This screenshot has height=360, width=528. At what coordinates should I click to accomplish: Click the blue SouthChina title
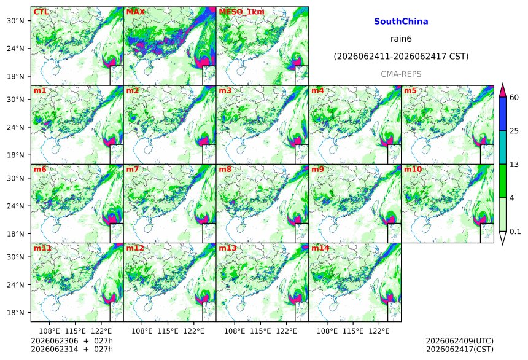pyautogui.click(x=401, y=22)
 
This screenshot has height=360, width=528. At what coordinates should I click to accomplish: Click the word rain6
pyautogui.click(x=401, y=39)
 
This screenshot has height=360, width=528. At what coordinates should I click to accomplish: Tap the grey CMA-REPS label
pyautogui.click(x=401, y=74)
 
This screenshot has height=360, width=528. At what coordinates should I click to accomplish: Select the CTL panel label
pyautogui.click(x=41, y=12)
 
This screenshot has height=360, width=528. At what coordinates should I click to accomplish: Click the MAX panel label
pyautogui.click(x=135, y=12)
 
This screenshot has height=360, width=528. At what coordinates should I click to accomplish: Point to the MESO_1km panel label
pyautogui.click(x=241, y=12)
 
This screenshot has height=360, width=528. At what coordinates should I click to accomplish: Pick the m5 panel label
pyautogui.click(x=410, y=91)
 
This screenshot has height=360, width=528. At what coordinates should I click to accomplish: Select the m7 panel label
pyautogui.click(x=133, y=169)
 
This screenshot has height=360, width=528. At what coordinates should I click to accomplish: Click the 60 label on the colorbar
pyautogui.click(x=514, y=98)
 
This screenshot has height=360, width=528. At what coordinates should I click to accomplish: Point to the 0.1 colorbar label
pyautogui.click(x=515, y=232)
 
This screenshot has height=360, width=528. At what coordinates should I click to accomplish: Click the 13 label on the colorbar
pyautogui.click(x=514, y=165)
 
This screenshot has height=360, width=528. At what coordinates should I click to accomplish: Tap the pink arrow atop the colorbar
pyautogui.click(x=502, y=91)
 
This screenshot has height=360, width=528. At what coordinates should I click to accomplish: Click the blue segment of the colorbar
pyautogui.click(x=502, y=114)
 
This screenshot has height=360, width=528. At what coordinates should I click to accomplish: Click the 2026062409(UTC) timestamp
pyautogui.click(x=460, y=341)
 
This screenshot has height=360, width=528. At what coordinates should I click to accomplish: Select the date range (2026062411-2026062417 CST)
pyautogui.click(x=401, y=57)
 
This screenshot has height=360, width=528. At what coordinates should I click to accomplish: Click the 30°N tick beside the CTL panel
pyautogui.click(x=15, y=20)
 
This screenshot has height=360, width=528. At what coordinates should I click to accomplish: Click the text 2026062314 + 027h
pyautogui.click(x=72, y=349)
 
